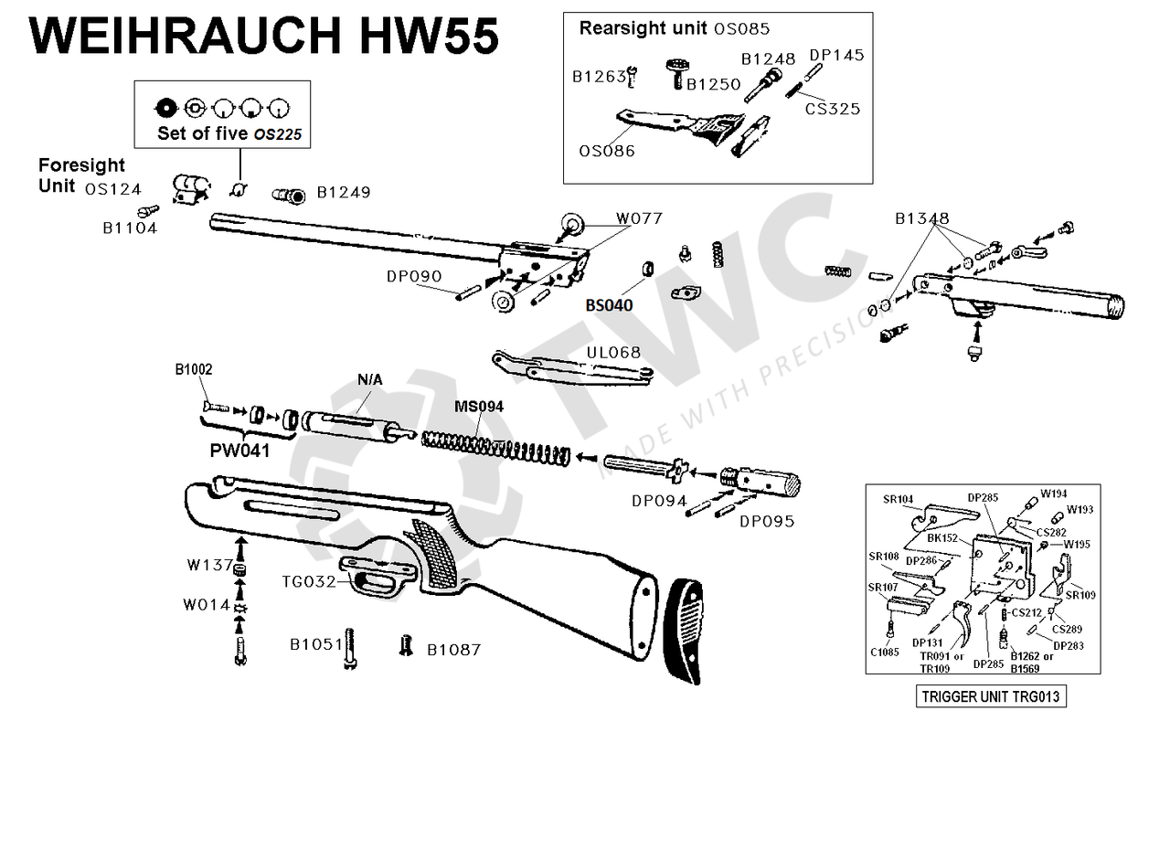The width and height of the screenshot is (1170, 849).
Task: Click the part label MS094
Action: (479, 407)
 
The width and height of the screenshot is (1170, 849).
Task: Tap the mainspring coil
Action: (495, 448)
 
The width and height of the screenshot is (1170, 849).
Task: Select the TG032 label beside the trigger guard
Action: (309, 581)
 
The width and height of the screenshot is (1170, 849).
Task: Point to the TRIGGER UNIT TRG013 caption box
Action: (991, 696)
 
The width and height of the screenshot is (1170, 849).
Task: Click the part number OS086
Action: (607, 151)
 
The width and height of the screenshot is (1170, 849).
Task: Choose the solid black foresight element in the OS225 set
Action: (165, 109)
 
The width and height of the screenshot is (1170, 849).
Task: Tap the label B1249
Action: (344, 192)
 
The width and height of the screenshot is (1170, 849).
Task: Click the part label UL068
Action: (613, 353)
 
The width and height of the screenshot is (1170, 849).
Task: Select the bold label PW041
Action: (239, 450)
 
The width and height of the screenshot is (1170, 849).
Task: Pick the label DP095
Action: (767, 521)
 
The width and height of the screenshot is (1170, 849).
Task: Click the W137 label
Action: (209, 565)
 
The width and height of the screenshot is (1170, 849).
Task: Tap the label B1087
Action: (454, 650)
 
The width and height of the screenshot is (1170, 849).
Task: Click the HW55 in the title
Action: (430, 36)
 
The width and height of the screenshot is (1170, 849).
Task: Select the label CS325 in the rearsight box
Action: (832, 109)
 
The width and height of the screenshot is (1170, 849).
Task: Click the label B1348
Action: (922, 218)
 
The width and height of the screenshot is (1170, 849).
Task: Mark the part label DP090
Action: (414, 276)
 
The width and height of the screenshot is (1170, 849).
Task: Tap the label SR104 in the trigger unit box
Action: (898, 499)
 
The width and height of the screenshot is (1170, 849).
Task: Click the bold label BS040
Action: (609, 305)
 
